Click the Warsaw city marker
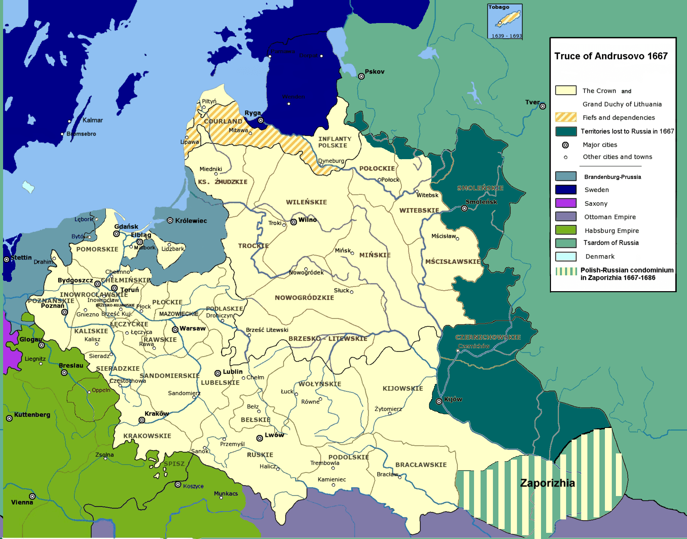click(x=175, y=330)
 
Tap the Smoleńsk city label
click(x=481, y=202)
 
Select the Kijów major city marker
click(x=439, y=401)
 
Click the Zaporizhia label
click(x=547, y=483)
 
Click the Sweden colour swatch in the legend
click(x=566, y=190)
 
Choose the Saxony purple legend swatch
click(x=566, y=203)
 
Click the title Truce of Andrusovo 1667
click(x=611, y=56)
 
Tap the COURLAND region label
click(x=223, y=121)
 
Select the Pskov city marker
click(x=361, y=76)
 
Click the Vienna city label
click(x=22, y=502)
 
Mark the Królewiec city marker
click(x=170, y=220)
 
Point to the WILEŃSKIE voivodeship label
click(x=306, y=202)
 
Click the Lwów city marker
click(x=260, y=438)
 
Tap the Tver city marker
click(x=542, y=106)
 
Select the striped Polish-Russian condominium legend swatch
click(x=566, y=272)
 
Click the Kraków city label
click(x=157, y=413)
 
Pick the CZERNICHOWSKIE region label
click(x=488, y=337)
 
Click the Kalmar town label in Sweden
click(x=92, y=120)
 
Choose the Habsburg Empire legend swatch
click(x=566, y=230)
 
